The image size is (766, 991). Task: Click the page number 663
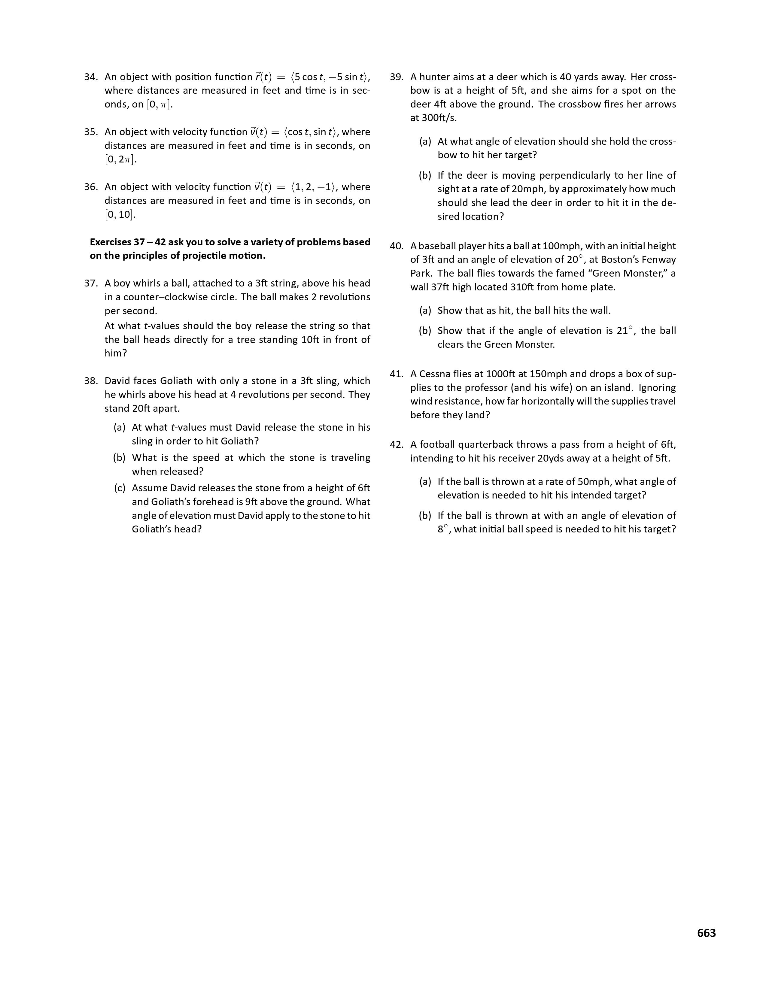click(706, 933)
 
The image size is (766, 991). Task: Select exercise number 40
click(397, 246)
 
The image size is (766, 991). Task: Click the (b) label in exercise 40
click(425, 331)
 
